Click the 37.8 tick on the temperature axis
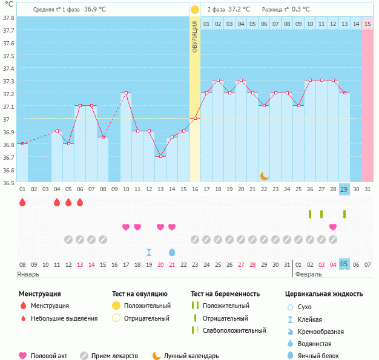(x=8, y=17)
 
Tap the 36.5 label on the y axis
(x=8, y=182)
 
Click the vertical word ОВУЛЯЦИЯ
(x=195, y=37)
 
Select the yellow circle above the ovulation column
(x=195, y=10)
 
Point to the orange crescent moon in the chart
(x=265, y=176)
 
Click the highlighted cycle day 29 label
(x=344, y=189)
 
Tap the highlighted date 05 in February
(x=344, y=264)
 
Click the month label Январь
(x=28, y=275)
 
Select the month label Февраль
(x=308, y=275)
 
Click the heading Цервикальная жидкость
(x=324, y=294)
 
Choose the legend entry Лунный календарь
(x=191, y=356)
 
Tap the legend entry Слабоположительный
(x=234, y=330)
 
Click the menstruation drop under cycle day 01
(x=22, y=202)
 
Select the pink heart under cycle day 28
(x=333, y=227)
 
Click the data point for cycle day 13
(x=160, y=157)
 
